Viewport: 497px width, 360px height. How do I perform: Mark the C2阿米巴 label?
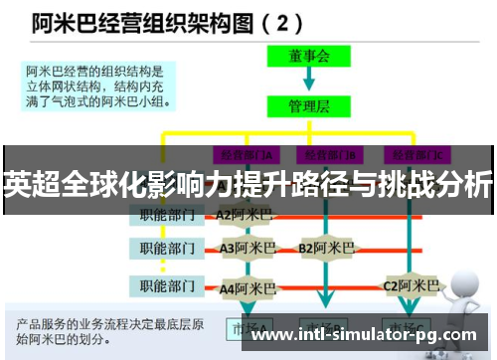[411, 286]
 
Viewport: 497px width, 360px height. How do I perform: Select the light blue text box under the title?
[99, 86]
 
